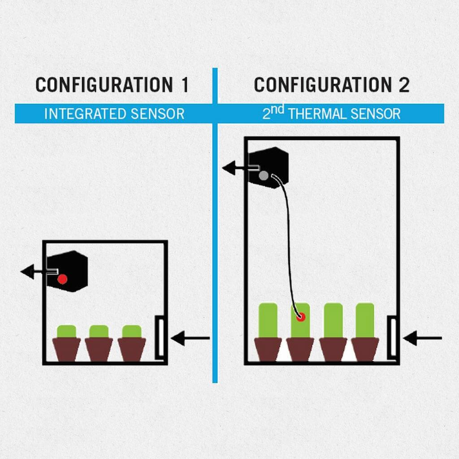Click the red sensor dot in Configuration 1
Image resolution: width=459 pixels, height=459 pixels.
(62, 279)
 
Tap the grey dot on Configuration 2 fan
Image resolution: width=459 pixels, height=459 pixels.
(264, 176)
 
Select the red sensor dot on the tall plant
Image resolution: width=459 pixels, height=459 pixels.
(301, 317)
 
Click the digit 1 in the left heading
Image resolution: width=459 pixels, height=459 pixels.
(185, 85)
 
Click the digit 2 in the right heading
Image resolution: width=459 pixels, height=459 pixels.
(404, 85)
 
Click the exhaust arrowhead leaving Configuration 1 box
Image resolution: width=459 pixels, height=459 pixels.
(27, 272)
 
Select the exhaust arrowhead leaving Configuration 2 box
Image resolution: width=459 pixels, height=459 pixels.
(229, 168)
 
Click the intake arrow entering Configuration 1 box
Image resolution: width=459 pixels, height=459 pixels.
(190, 338)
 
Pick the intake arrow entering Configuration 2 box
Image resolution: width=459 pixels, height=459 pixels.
(422, 338)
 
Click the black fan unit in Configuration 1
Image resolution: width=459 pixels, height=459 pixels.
(67, 271)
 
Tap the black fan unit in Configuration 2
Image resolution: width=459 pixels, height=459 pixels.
(268, 168)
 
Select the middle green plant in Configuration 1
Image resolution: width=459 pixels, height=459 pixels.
(99, 331)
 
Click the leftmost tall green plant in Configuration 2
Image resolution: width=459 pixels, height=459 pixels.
(268, 320)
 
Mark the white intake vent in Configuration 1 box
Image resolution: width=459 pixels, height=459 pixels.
(161, 338)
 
